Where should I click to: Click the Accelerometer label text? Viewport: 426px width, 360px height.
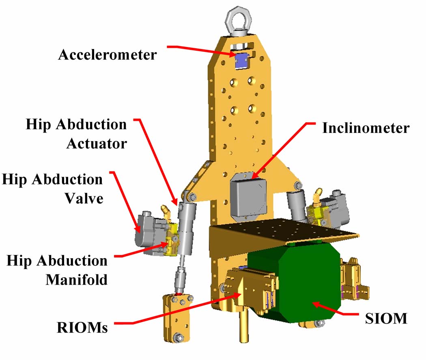coord(107,55)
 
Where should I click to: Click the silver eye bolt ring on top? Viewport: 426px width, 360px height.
coord(242,17)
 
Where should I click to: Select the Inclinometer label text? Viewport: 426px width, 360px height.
coord(366,128)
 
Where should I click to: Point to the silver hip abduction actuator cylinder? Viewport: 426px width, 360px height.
coord(187,227)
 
